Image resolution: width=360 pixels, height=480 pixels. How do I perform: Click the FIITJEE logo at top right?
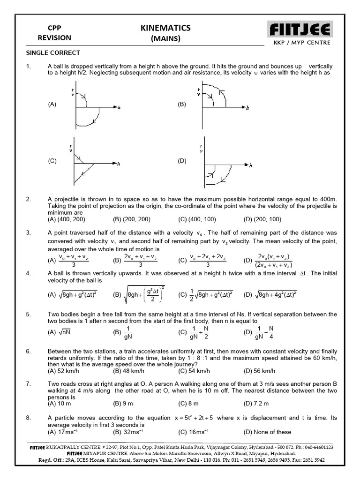[x=300, y=30]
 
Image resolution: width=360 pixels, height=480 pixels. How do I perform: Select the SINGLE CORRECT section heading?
[x=52, y=52]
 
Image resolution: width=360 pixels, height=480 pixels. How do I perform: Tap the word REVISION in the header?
[x=55, y=37]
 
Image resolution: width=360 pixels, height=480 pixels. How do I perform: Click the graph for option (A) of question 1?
[x=94, y=107]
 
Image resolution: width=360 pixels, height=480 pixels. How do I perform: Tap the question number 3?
[x=28, y=232]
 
